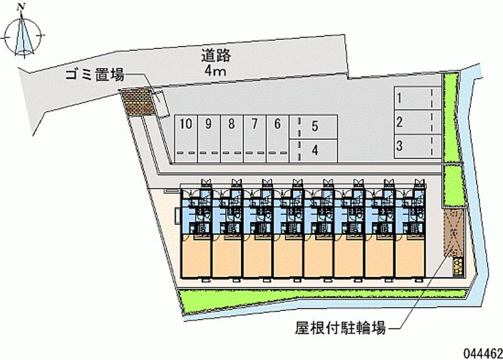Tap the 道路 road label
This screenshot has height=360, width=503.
(215, 55)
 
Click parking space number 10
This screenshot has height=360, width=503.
(185, 124)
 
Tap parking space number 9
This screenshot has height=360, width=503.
(208, 124)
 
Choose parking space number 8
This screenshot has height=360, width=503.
(231, 124)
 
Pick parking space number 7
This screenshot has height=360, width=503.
(254, 124)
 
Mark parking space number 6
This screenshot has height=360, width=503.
(277, 124)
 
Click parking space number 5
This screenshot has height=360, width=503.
(314, 127)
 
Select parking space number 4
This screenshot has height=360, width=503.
(314, 150)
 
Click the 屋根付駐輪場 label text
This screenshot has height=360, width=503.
(340, 327)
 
